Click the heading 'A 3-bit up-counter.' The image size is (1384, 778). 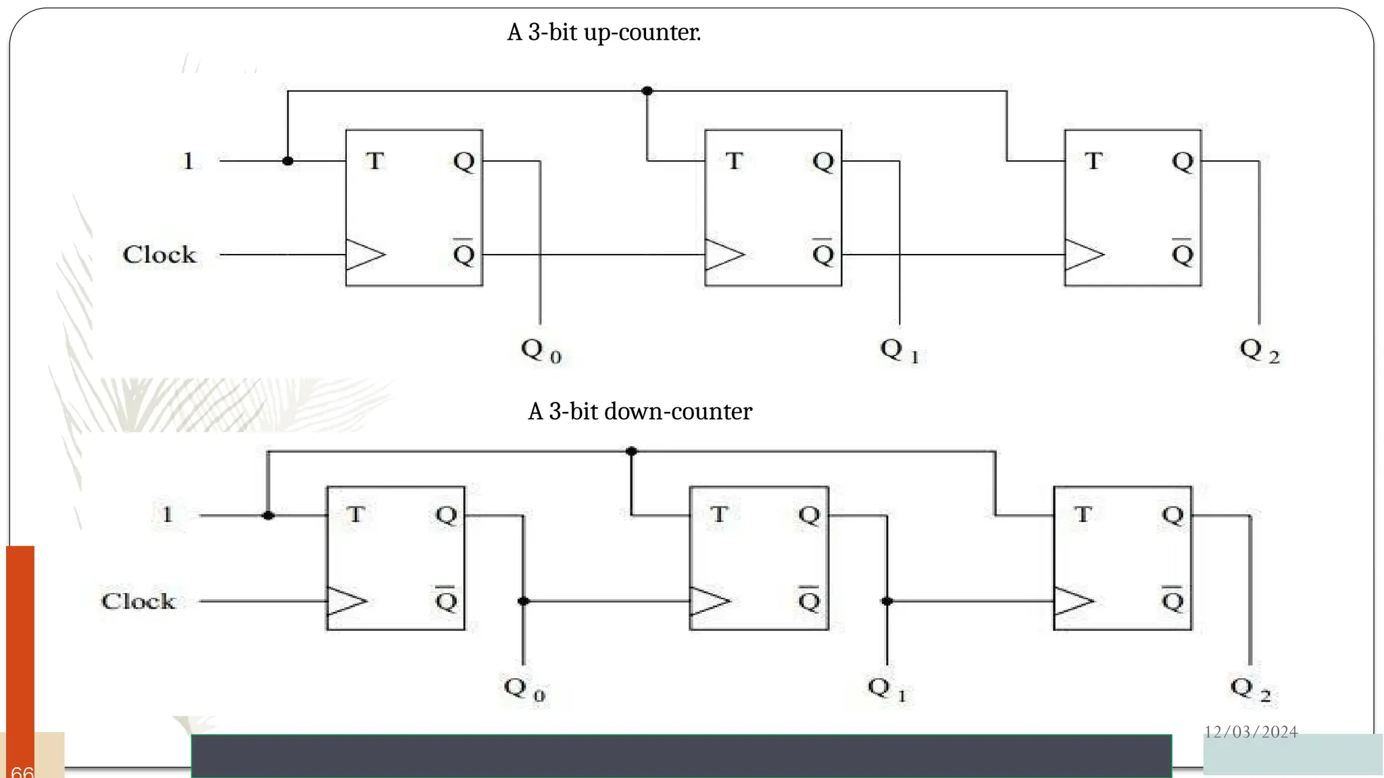603,32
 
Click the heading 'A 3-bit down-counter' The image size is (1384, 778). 639,411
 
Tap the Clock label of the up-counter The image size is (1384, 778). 159,255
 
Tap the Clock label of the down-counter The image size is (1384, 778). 139,601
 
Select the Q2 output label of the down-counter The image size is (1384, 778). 1250,689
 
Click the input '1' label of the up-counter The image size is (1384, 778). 189,161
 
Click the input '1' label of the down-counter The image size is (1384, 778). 168,515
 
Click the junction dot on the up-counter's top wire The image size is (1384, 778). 647,90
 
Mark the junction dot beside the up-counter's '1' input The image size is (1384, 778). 288,161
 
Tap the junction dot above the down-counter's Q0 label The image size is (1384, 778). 523,601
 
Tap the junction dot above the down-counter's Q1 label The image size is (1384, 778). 887,601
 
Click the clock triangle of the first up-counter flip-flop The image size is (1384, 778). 364,255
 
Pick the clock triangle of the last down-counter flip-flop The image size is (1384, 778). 1072,601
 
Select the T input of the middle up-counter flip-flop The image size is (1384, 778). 733,161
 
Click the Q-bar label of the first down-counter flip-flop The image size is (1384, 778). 446,599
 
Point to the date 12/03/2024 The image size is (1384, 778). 1251,732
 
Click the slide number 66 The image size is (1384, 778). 22,771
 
